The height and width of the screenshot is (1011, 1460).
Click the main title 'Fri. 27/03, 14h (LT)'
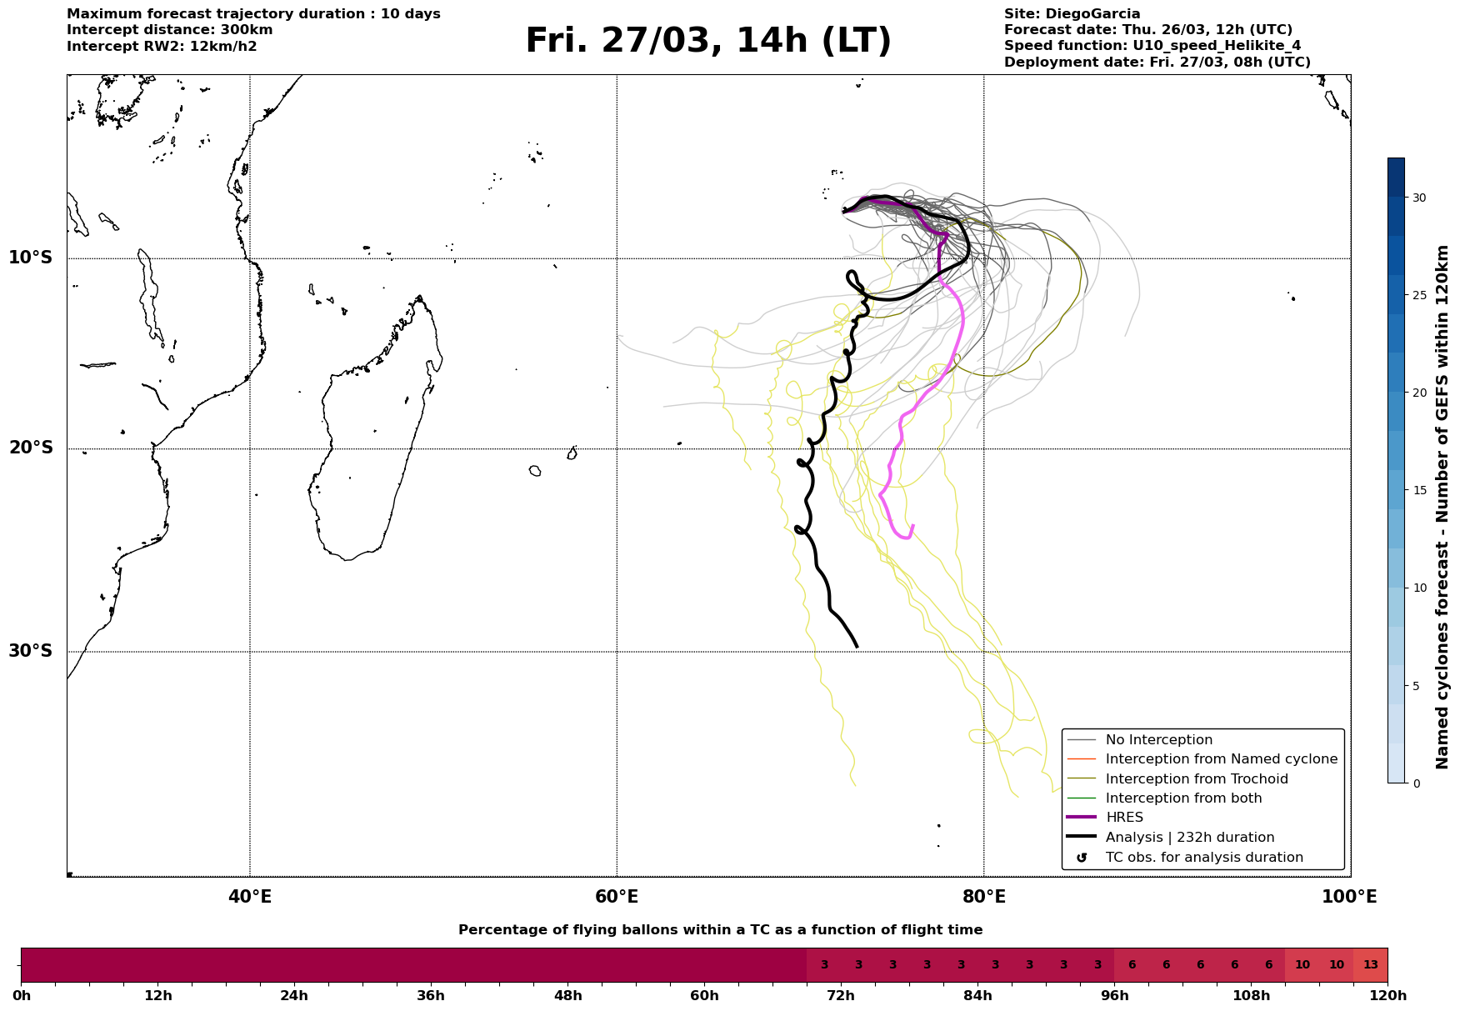708,41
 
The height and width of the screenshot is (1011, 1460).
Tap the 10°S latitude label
31,258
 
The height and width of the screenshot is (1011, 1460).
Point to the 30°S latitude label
31,651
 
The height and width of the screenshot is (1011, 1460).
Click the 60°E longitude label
617,897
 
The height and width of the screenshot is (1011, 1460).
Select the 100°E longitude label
1350,897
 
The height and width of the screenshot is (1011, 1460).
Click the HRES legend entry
1124,818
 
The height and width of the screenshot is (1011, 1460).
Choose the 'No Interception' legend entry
1158,740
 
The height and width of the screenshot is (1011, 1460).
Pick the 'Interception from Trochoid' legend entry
1196,779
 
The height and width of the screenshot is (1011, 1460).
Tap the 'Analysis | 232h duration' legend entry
1189,838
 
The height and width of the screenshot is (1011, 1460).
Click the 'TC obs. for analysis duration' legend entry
1203,858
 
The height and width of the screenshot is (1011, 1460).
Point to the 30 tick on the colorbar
1418,198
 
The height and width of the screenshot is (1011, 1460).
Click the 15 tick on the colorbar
1418,490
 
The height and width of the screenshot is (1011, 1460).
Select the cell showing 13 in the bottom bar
1370,965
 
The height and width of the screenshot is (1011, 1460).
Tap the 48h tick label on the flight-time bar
567,996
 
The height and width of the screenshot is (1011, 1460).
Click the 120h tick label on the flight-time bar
1387,996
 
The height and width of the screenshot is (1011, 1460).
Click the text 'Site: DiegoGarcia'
1072,14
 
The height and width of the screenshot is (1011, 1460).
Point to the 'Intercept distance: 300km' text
169,30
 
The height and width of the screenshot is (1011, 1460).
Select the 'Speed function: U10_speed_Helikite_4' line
1152,46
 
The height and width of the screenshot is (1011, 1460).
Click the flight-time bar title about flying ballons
720,930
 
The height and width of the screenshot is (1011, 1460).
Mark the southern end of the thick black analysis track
857,646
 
